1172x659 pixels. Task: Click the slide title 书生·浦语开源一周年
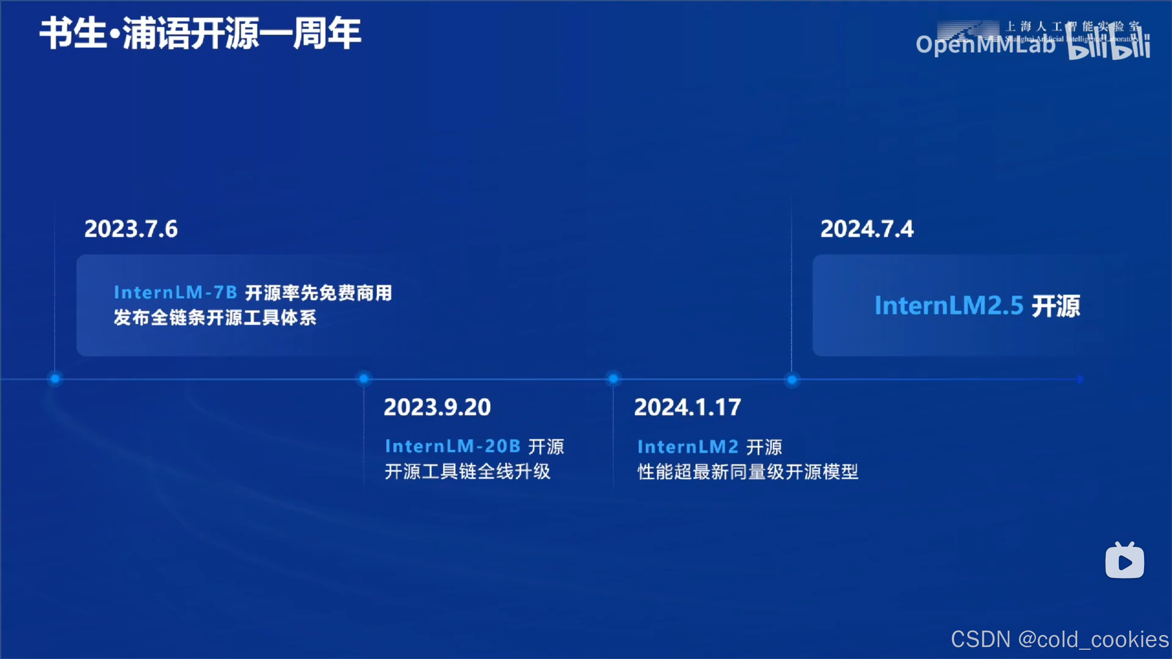coord(200,33)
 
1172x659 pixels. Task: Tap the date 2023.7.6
coord(131,229)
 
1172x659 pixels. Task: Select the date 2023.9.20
coord(437,407)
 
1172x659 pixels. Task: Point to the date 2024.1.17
coord(687,407)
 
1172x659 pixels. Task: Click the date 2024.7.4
coord(867,229)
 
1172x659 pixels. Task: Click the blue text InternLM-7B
coord(175,292)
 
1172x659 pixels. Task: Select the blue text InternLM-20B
coord(453,446)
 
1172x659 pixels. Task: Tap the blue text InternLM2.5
coord(949,306)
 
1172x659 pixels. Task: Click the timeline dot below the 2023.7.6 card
coord(55,379)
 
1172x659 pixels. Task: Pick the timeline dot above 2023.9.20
coord(364,379)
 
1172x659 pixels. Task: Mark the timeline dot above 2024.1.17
coord(613,379)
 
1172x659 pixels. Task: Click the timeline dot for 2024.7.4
coord(792,379)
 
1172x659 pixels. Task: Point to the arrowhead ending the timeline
coord(1080,379)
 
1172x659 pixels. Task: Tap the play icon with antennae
coord(1124,561)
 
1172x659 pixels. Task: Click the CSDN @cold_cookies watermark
coord(1059,640)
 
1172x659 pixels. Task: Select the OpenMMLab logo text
coord(984,45)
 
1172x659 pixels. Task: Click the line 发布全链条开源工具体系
coord(215,318)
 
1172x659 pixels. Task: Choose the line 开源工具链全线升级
coord(467,471)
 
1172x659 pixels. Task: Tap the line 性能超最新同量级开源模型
coord(748,472)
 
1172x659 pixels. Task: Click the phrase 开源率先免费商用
coord(319,293)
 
